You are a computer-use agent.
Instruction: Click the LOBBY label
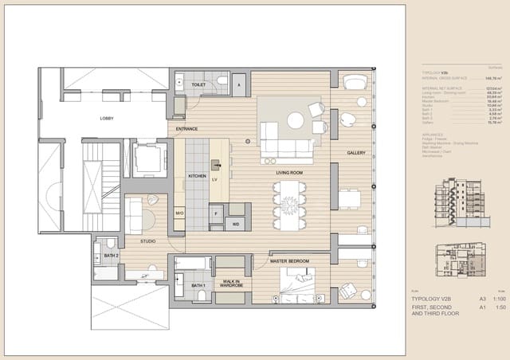coord(106,119)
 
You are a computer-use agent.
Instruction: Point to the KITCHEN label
coord(197,176)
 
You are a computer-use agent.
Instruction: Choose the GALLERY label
coord(355,152)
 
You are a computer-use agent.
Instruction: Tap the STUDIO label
coord(148,241)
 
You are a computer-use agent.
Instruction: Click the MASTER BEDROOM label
coord(289,261)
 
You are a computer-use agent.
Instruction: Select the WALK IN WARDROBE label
coord(232,283)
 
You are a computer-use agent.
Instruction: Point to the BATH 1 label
coord(198,284)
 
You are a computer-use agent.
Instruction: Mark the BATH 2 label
coord(112,255)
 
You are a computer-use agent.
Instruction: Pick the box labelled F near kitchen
coord(215,213)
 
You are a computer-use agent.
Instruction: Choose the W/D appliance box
coord(236,224)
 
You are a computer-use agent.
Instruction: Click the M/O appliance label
coord(180,213)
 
